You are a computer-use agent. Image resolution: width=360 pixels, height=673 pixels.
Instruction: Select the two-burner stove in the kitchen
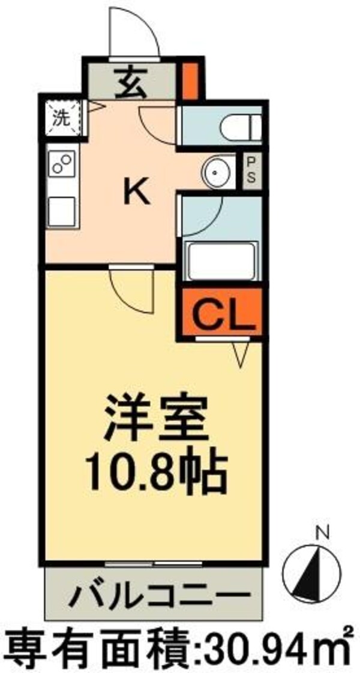62,164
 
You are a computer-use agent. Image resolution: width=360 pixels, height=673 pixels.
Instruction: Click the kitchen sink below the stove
62,209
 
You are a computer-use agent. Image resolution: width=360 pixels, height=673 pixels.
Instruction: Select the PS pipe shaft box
251,170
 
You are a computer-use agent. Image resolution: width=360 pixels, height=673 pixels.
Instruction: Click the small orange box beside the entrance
190,81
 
